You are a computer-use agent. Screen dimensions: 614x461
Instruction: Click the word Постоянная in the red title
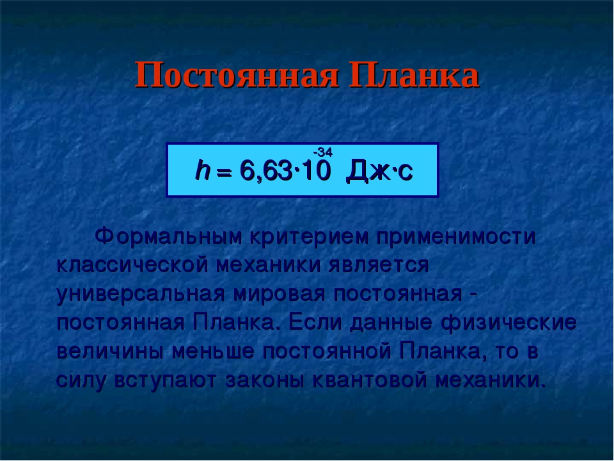[237, 75]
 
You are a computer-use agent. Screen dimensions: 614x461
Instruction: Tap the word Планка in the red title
[414, 75]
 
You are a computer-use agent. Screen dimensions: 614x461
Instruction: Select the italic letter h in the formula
[202, 170]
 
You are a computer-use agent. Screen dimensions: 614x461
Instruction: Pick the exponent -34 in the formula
[322, 152]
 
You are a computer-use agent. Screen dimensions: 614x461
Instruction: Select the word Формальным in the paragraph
[168, 237]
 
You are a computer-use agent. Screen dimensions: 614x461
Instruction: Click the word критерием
[310, 238]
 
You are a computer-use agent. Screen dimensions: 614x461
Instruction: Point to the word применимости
[456, 238]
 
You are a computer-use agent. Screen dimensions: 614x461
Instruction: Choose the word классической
[132, 265]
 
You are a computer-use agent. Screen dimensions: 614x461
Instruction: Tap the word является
[379, 266]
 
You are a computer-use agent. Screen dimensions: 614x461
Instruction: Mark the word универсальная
[141, 295]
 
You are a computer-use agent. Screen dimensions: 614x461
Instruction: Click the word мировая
[279, 295]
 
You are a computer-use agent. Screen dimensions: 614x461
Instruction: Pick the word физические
[508, 323]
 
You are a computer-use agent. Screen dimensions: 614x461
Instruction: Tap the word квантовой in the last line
[369, 380]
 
